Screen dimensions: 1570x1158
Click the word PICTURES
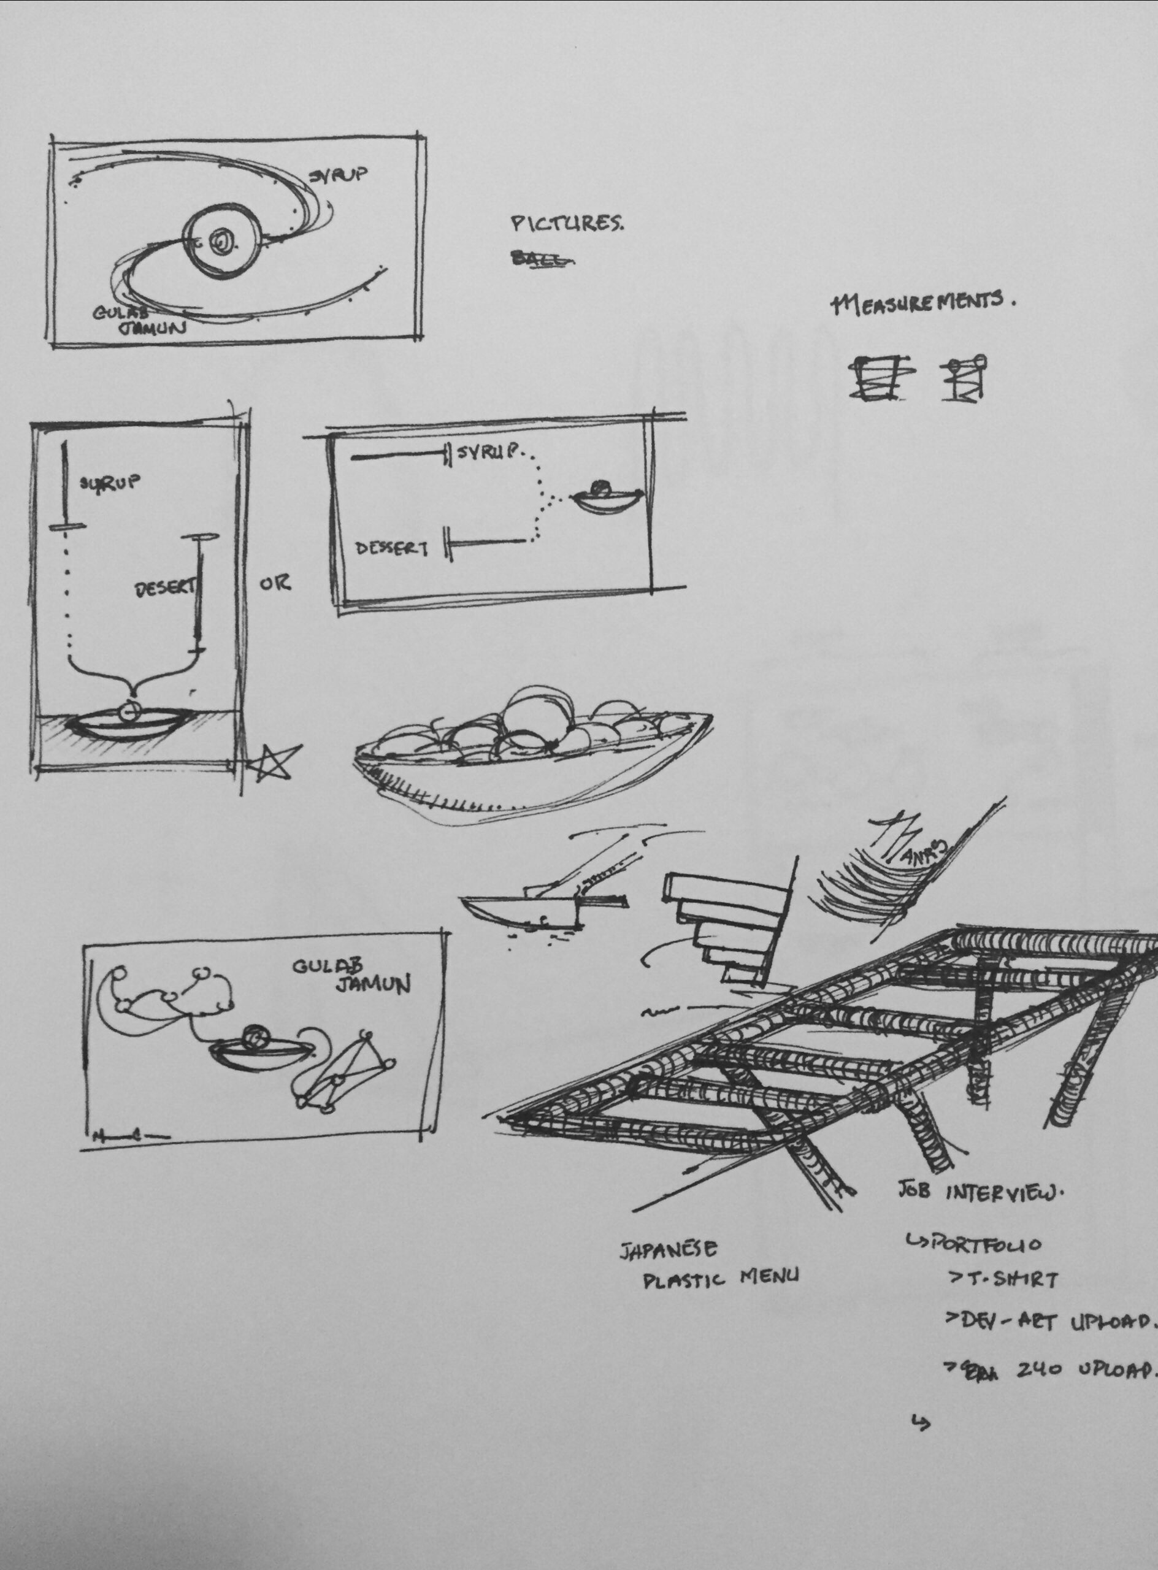point(566,224)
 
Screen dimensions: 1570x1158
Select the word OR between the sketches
point(275,583)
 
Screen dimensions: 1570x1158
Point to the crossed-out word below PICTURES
point(542,259)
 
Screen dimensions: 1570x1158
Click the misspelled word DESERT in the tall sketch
point(166,589)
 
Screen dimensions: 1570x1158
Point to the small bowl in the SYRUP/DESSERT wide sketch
point(607,499)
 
